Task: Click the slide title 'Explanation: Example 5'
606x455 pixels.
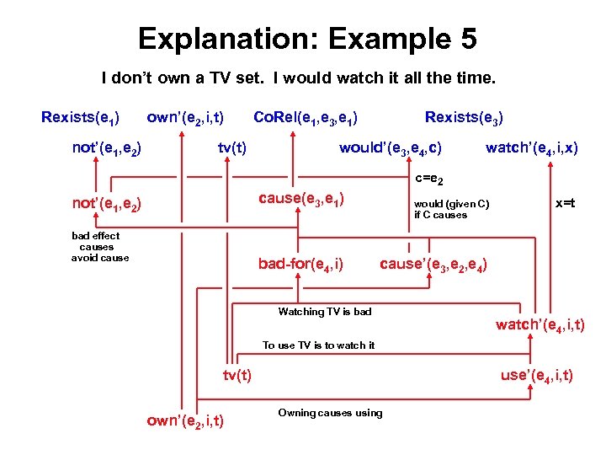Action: pos(307,39)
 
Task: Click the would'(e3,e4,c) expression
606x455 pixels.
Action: pos(391,148)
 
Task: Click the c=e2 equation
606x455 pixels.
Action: pos(429,179)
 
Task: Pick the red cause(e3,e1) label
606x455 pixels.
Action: pos(301,198)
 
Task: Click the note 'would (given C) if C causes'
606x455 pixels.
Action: pos(450,209)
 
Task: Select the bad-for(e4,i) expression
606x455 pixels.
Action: pos(300,265)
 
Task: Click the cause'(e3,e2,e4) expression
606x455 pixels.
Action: pos(433,265)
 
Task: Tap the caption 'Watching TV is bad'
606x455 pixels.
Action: pos(324,312)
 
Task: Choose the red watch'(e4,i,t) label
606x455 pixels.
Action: pos(540,324)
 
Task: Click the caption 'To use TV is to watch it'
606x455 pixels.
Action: pos(318,345)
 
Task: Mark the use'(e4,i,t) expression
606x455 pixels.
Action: pos(537,375)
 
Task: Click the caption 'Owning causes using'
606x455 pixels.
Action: pos(329,412)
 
